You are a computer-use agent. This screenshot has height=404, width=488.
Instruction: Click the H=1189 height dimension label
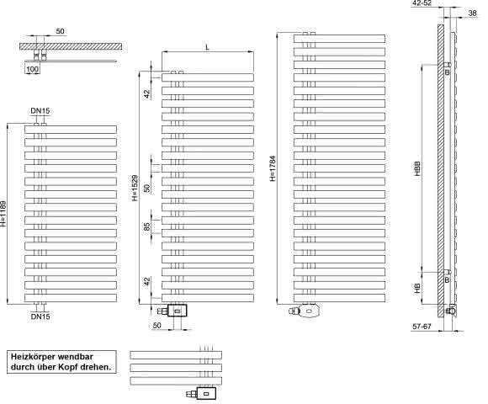coord(3,214)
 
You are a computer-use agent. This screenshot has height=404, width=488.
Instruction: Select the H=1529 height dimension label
coord(135,188)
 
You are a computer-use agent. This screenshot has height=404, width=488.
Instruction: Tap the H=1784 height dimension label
coord(273,168)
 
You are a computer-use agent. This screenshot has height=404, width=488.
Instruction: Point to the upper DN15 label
coord(40,111)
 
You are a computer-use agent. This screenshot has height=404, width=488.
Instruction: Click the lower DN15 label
coord(40,316)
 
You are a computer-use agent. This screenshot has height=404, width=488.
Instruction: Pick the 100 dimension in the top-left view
coord(32,69)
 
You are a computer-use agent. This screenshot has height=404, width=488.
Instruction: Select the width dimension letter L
coord(208,47)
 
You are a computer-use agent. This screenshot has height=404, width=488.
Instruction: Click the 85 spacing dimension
coord(146,226)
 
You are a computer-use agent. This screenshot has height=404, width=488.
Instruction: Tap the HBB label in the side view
coord(417,168)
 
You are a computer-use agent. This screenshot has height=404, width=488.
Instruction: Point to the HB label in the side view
coord(417,288)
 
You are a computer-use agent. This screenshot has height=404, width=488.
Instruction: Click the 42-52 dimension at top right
coord(422,3)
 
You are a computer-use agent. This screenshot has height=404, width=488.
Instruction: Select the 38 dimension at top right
coord(473,13)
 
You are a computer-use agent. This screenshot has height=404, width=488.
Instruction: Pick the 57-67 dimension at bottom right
coord(422,327)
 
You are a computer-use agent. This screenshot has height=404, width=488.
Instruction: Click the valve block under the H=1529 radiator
coord(177,311)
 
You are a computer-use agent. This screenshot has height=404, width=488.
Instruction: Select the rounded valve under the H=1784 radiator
coord(308,311)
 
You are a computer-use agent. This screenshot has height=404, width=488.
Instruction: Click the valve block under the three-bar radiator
coord(206,394)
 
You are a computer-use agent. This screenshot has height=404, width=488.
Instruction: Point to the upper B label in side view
coord(448,72)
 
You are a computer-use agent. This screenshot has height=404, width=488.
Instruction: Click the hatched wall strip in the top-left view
coord(71,46)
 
